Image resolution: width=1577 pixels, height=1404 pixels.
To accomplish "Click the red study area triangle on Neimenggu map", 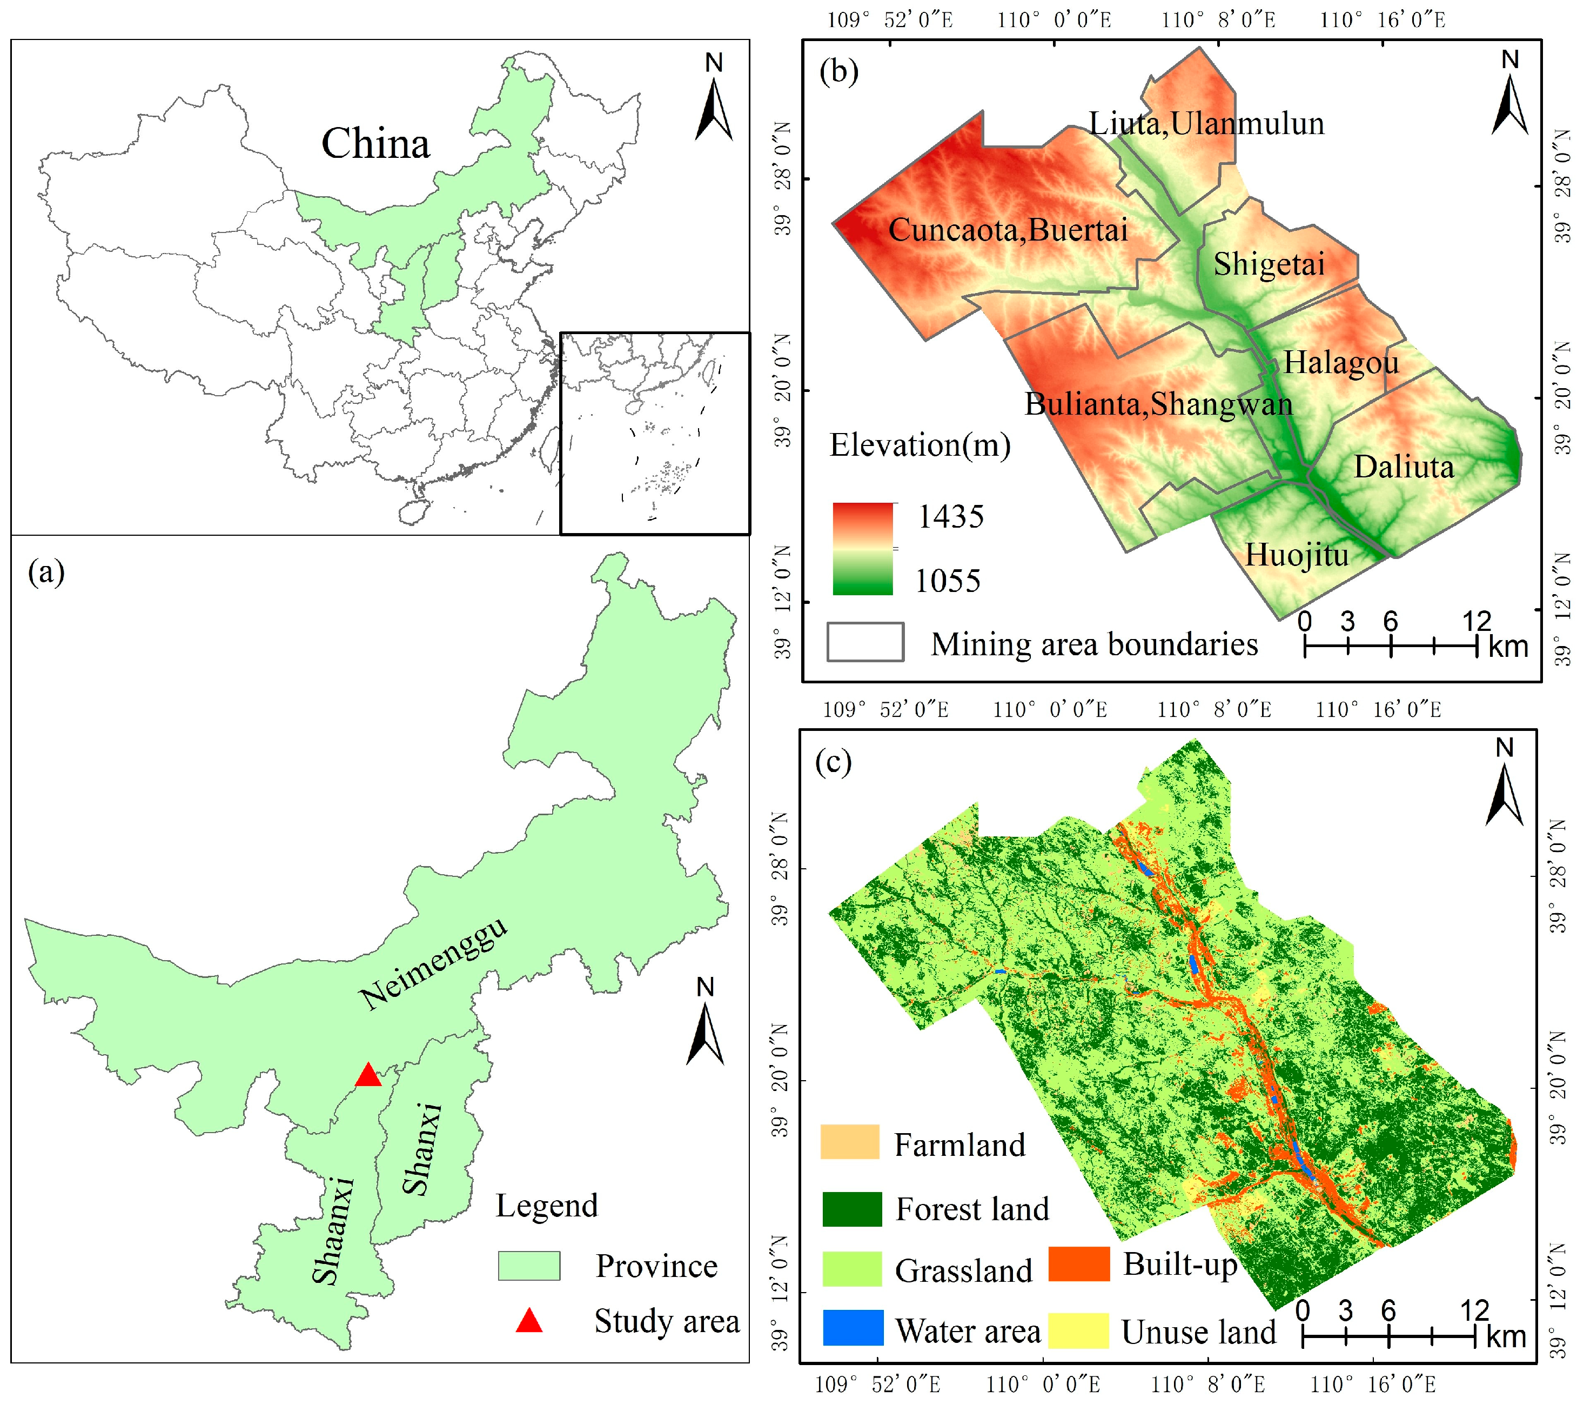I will pyautogui.click(x=368, y=1075).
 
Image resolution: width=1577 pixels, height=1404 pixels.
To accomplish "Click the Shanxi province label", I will pyautogui.click(x=423, y=1149).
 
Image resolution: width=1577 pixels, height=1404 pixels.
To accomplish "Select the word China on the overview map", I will pyautogui.click(x=375, y=144).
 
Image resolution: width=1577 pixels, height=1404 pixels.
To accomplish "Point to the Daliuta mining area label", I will pyautogui.click(x=1404, y=467).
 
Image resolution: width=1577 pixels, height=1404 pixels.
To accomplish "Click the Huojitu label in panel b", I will pyautogui.click(x=1297, y=555).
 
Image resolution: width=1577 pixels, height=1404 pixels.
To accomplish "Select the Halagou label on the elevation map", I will pyautogui.click(x=1341, y=363).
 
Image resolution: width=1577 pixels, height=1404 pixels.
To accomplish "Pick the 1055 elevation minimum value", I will pyautogui.click(x=948, y=581).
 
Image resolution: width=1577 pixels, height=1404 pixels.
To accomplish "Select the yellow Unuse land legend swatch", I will pyautogui.click(x=1078, y=1329).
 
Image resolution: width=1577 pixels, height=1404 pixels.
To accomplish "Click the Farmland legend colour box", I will pyautogui.click(x=849, y=1142).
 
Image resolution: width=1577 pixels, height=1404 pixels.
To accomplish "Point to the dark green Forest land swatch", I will pyautogui.click(x=852, y=1209).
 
